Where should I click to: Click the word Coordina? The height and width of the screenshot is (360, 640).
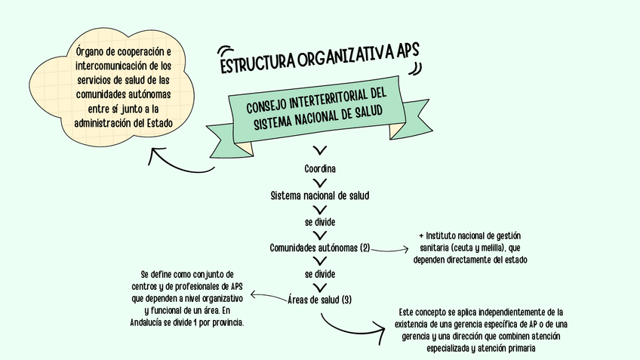point(320,168)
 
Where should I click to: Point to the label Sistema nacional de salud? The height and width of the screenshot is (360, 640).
point(320,195)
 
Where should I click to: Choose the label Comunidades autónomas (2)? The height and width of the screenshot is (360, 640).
point(320,248)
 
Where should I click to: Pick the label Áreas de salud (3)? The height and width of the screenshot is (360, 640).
point(320,300)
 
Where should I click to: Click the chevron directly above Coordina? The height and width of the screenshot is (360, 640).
point(320,151)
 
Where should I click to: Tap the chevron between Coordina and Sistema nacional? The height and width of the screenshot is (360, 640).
point(320,181)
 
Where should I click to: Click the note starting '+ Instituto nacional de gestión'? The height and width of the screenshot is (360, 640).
point(469,248)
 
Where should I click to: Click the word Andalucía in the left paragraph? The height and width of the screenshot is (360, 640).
point(149,322)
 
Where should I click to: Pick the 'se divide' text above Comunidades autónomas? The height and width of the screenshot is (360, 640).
point(320,222)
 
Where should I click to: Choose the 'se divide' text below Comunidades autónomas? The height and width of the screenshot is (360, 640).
point(320,273)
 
